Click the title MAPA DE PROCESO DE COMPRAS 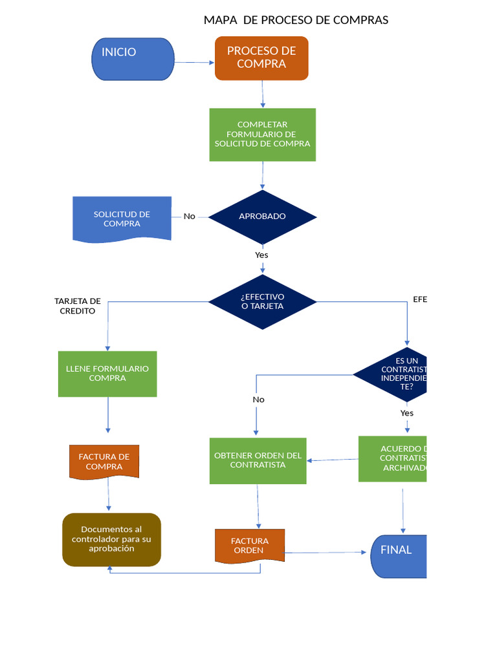(x=296, y=20)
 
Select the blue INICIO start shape (x=133, y=59)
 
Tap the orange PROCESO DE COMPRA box (x=261, y=58)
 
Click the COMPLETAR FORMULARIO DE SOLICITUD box (x=262, y=134)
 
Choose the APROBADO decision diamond (x=262, y=217)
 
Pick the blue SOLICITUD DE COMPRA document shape (x=122, y=219)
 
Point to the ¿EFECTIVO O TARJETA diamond (x=262, y=301)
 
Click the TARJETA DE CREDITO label (x=78, y=306)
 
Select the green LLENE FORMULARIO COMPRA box (x=107, y=374)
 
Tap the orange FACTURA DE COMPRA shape (x=104, y=462)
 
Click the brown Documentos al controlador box (x=111, y=539)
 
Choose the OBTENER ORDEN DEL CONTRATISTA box (x=258, y=460)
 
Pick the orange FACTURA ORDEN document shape (x=249, y=546)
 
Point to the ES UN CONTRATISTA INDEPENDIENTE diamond (x=395, y=374)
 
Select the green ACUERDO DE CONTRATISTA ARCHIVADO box (x=393, y=458)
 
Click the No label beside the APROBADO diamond (x=189, y=217)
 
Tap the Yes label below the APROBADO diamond (x=261, y=255)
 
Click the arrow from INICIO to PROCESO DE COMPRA (x=194, y=63)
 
